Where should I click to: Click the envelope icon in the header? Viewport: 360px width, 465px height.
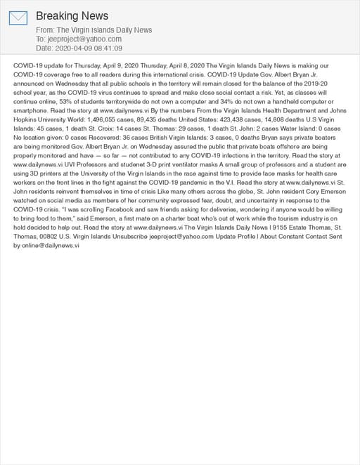pyautogui.click(x=18, y=18)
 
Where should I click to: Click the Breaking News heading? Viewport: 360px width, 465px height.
pyautogui.click(x=72, y=15)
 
